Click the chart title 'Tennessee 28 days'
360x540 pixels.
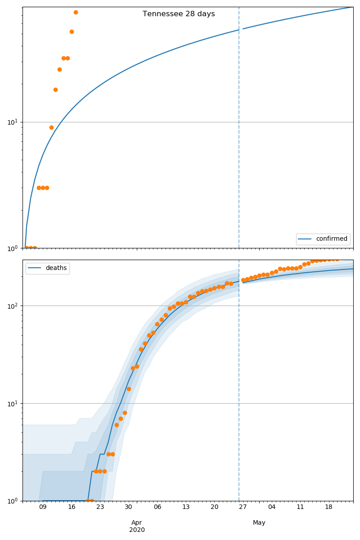[x=179, y=14]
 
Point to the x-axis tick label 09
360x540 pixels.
[x=43, y=507]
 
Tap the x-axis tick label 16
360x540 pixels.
[x=72, y=507]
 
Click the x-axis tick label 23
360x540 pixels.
[x=100, y=507]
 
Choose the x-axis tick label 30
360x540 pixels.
[x=129, y=507]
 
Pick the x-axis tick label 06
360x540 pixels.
[x=157, y=507]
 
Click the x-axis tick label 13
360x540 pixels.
[x=186, y=507]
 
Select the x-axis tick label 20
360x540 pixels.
[x=214, y=507]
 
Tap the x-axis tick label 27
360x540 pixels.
[x=243, y=507]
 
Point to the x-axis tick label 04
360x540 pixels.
[x=271, y=507]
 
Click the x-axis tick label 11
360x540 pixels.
[x=300, y=507]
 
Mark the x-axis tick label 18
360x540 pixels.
[x=328, y=507]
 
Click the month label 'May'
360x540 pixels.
[x=259, y=522]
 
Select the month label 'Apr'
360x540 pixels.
[x=137, y=522]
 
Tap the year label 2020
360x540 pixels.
[x=137, y=530]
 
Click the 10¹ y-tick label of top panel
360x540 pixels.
[x=12, y=122]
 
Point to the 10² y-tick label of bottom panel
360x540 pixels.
[x=12, y=306]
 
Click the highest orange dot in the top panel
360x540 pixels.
[x=76, y=12]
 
